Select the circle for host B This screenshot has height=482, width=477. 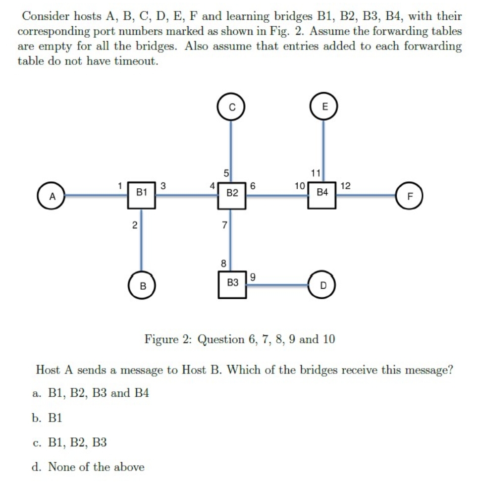click(142, 286)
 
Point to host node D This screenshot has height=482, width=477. click(323, 286)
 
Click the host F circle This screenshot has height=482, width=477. click(410, 196)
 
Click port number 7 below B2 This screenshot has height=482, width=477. click(224, 226)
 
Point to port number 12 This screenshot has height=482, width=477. click(346, 186)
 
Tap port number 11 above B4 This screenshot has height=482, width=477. click(315, 173)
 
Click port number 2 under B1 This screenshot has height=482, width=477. click(134, 226)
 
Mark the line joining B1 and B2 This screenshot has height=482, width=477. click(187, 195)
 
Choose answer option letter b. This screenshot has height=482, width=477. click(38, 418)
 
